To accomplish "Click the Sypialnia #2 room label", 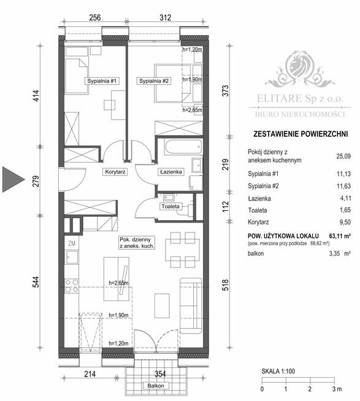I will [x=153, y=81].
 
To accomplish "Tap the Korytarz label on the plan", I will [x=115, y=172].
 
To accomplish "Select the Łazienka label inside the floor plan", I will [x=170, y=172].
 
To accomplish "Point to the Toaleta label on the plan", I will [x=171, y=207].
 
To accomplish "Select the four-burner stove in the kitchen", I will [x=71, y=286].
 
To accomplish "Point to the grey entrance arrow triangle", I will [x=14, y=178].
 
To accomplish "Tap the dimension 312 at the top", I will [x=165, y=18].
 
